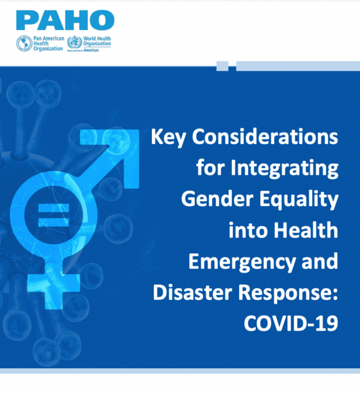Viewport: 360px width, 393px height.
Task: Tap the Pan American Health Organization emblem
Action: pos(24,44)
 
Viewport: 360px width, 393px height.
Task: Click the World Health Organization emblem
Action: pos(74,44)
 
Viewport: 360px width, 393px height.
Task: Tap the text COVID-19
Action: pos(290,323)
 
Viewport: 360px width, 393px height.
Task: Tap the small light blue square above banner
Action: pos(222,65)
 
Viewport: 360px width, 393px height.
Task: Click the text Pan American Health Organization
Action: pos(47,44)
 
